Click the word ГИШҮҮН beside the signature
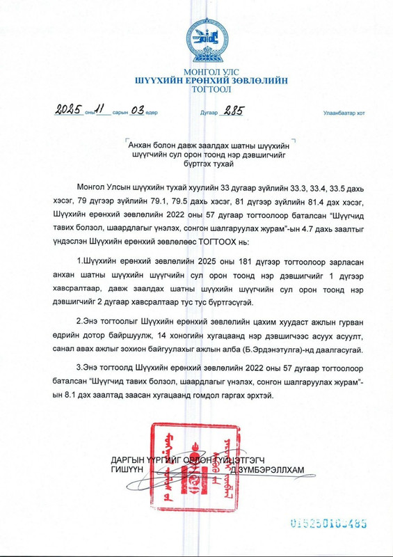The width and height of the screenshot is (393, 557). tap(127, 471)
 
